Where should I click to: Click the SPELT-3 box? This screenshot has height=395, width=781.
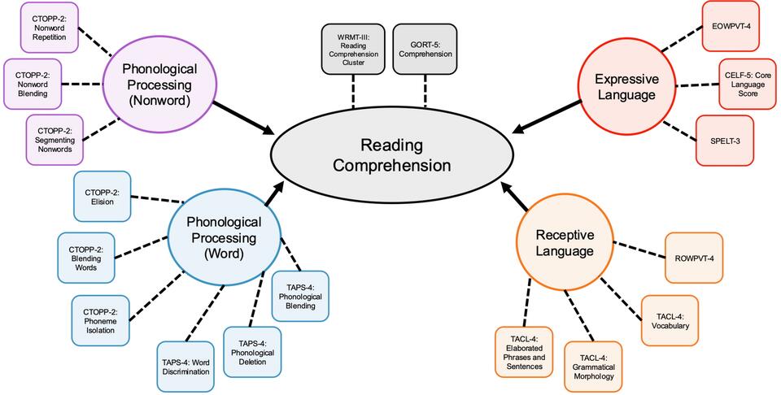point(725,140)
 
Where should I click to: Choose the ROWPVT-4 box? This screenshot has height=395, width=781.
point(694,258)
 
